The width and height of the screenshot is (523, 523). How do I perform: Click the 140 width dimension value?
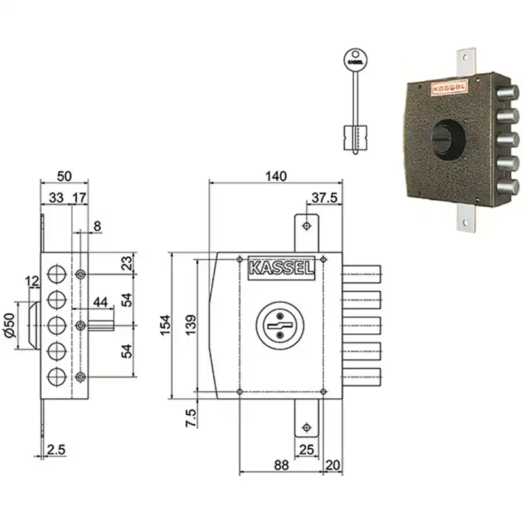(276, 176)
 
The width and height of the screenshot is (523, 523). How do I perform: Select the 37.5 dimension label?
(324, 198)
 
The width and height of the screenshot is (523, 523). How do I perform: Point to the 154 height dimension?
(165, 325)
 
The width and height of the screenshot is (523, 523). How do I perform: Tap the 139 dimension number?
(191, 325)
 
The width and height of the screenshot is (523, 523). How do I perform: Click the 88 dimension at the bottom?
(281, 465)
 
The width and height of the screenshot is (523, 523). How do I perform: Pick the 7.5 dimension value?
(191, 418)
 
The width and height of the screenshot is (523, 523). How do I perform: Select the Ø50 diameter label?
(10, 325)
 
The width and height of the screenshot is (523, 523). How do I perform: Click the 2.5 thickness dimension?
(56, 450)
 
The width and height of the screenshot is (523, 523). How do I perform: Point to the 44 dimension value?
(101, 302)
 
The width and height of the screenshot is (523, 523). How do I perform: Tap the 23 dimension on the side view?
(127, 263)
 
